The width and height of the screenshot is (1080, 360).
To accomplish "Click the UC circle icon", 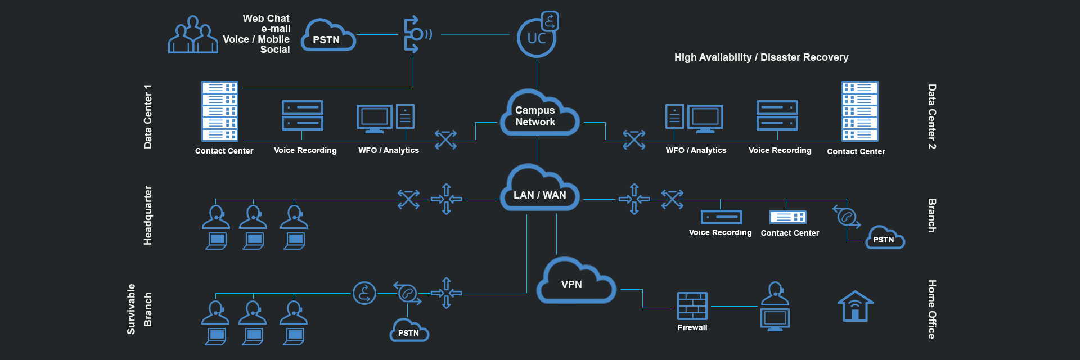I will pos(537,38).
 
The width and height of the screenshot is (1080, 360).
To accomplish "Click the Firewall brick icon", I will pos(692,307).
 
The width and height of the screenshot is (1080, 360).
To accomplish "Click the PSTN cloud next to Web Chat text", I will pos(328,37).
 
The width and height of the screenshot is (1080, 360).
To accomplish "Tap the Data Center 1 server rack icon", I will pos(220,111).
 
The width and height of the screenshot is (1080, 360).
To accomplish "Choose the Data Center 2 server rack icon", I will pos(859,111).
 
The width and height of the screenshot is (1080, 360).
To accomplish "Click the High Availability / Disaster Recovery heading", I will pos(761,57).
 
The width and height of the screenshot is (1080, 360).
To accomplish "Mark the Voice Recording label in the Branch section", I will pos(720,232).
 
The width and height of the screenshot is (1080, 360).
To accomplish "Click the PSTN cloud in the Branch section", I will pos(884,238).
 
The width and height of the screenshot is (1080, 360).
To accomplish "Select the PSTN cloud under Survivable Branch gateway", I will pos(409,331).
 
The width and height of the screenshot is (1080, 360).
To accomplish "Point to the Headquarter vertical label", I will pos(148,215).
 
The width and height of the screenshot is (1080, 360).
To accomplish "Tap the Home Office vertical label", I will pos(932,309).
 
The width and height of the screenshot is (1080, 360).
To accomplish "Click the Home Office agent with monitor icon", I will pos(775,307).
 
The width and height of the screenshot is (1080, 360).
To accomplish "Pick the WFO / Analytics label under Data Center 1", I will pos(389,150).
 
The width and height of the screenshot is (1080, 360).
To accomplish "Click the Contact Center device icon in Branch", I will pos(787,217).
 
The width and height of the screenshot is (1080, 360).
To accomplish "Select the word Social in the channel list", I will pos(275,49).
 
